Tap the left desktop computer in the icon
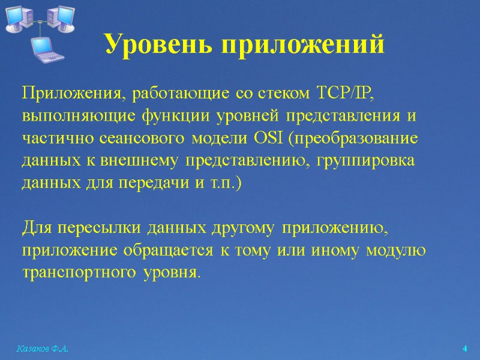point(18,18)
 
